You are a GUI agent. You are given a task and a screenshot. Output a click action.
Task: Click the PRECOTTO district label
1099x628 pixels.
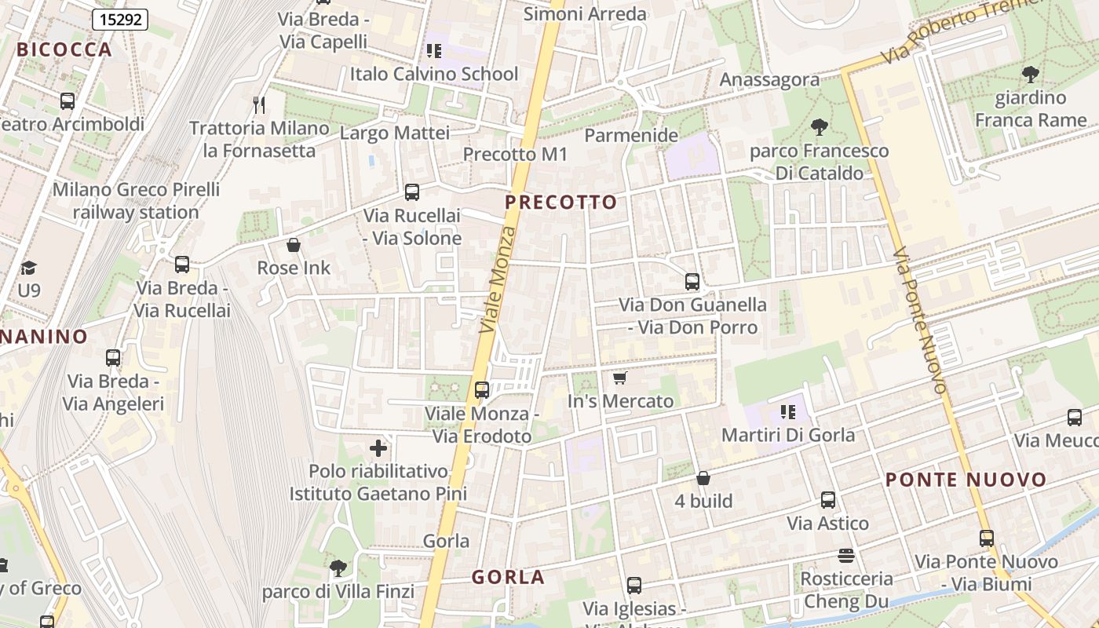click(x=560, y=203)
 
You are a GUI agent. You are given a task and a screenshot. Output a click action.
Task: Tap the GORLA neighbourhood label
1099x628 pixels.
click(x=508, y=578)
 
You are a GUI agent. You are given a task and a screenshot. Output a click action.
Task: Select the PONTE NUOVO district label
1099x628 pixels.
click(x=966, y=480)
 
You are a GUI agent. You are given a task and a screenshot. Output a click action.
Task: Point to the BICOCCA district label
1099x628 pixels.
click(x=64, y=49)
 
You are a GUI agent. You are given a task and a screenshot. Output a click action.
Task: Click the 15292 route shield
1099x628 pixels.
click(x=120, y=19)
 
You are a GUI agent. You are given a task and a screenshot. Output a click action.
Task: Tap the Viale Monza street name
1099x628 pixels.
click(x=499, y=279)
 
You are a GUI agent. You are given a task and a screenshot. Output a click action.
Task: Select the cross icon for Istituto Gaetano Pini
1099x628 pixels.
click(x=378, y=448)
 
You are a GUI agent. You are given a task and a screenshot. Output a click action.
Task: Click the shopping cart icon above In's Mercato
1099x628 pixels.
click(x=620, y=378)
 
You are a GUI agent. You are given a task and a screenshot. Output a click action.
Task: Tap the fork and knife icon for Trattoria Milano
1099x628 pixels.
click(x=259, y=104)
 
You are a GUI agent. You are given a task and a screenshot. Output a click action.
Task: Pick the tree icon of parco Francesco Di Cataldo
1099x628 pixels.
click(x=819, y=126)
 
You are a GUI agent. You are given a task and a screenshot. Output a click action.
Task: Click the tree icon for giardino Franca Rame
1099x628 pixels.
click(x=1031, y=75)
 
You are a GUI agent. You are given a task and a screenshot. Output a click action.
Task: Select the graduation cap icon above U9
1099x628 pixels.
click(x=29, y=268)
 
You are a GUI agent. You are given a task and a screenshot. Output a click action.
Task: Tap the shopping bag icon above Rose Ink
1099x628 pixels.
click(x=294, y=245)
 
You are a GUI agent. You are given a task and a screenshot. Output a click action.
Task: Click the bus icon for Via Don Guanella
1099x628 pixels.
click(x=692, y=281)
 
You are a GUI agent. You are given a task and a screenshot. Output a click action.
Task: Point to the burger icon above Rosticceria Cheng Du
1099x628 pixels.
click(x=845, y=556)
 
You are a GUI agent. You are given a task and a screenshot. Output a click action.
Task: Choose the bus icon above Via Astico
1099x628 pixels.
click(x=827, y=499)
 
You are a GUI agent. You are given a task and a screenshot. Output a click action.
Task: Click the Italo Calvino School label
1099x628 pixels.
click(x=434, y=75)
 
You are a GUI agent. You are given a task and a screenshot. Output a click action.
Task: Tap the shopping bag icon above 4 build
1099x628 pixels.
click(x=703, y=478)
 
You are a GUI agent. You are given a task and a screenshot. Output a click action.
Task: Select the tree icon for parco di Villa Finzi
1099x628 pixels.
click(x=338, y=568)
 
